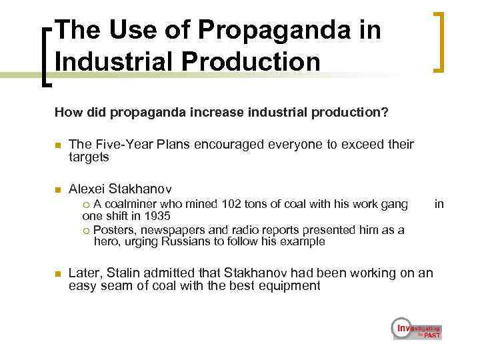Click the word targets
tap(89, 157)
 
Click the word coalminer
tap(129, 203)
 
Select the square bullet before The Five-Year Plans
tap(58, 145)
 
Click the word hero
tap(106, 241)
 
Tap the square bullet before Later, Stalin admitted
tap(58, 273)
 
